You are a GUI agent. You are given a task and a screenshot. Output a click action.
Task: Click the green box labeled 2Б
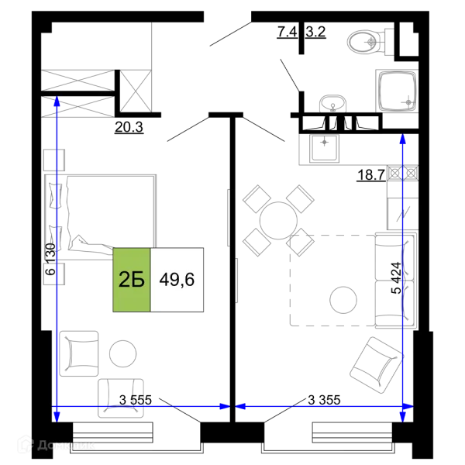(131, 280)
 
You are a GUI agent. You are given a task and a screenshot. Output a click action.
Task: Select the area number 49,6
(177, 280)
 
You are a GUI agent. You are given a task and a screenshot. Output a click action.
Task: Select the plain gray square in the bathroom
(332, 102)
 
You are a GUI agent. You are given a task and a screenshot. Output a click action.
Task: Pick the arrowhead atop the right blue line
(402, 139)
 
